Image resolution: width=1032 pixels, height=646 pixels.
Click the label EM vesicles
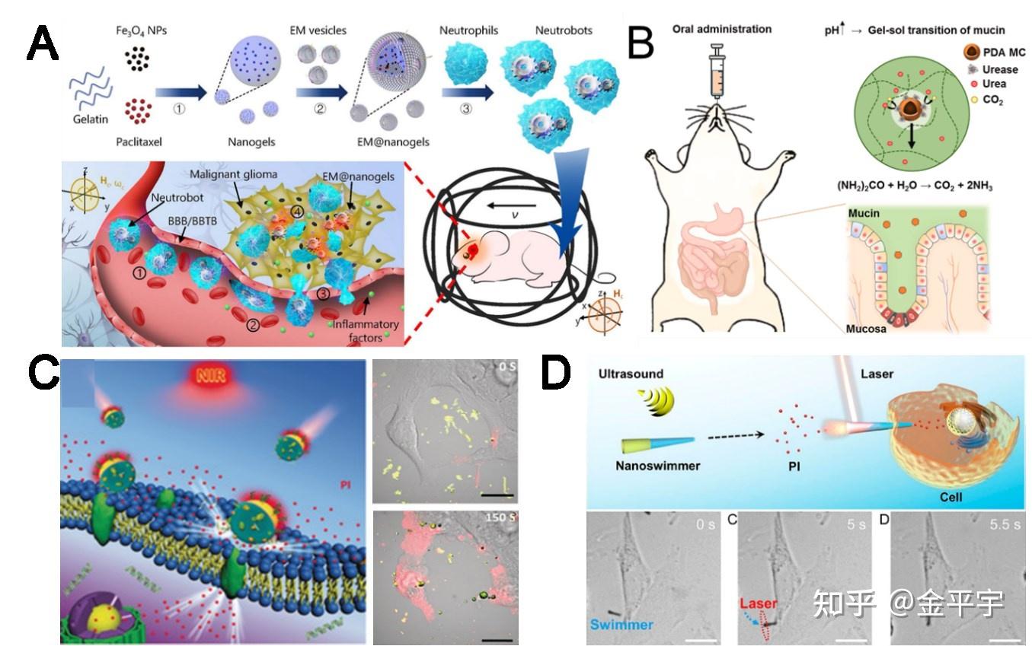(x=318, y=31)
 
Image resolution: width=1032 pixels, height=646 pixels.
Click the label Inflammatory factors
(x=364, y=329)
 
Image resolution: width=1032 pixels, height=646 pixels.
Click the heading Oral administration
(x=721, y=30)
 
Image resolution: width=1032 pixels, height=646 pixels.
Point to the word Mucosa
(x=864, y=329)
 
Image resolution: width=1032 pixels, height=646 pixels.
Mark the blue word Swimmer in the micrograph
(x=621, y=625)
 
